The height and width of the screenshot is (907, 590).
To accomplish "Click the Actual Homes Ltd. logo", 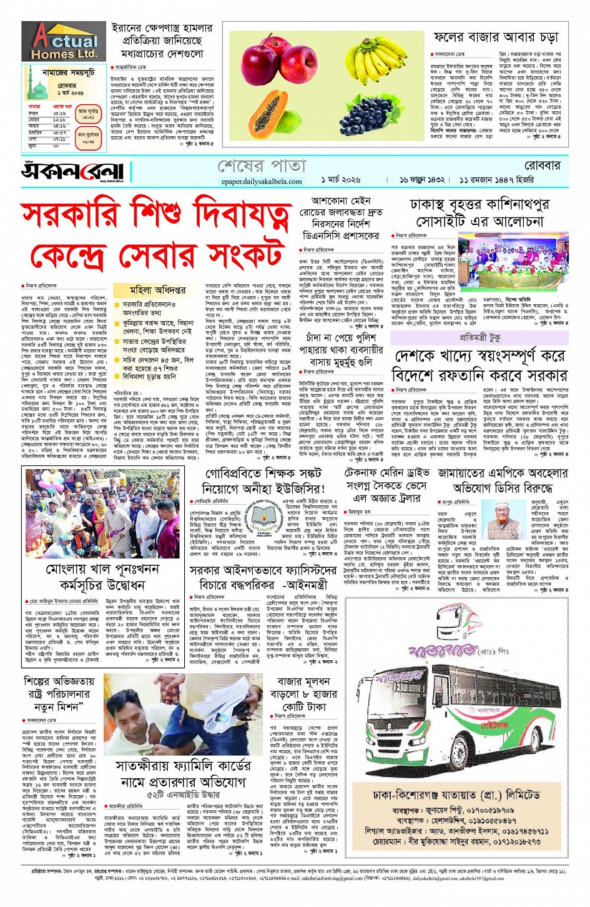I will tap(64, 42).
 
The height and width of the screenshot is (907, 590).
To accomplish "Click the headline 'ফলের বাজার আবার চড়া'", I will tap(497, 38).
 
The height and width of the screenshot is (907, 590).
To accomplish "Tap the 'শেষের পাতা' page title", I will tap(262, 166).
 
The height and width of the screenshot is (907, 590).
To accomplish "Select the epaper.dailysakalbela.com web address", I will tap(262, 182).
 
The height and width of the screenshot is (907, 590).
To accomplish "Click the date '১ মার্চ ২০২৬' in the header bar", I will tap(341, 179).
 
